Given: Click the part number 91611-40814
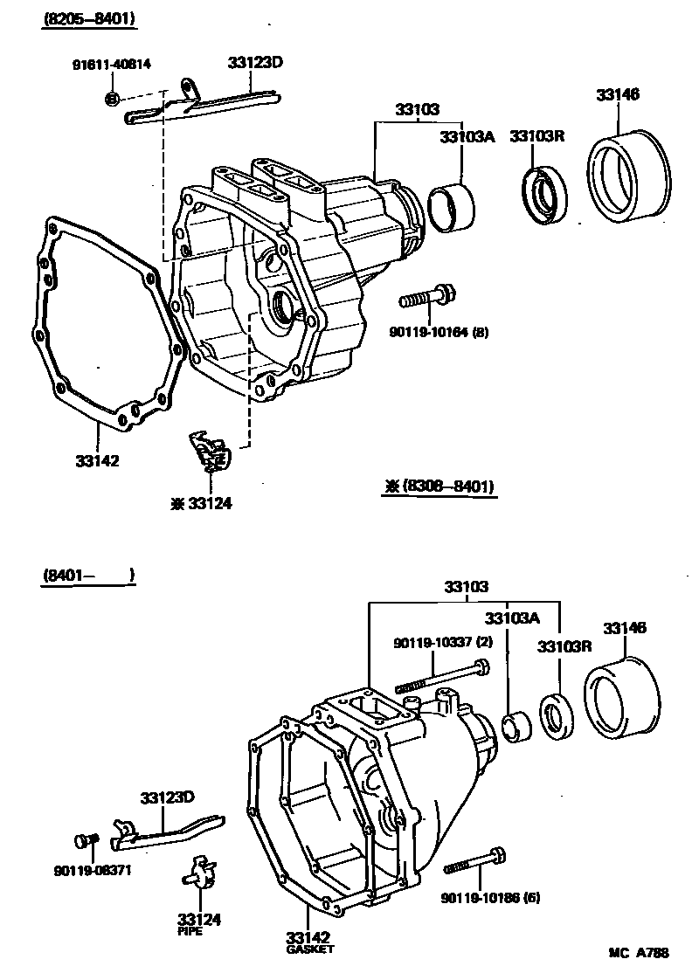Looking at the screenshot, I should pyautogui.click(x=111, y=64).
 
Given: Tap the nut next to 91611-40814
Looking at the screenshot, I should pyautogui.click(x=112, y=97).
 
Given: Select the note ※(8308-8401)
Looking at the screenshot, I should pyautogui.click(x=439, y=487).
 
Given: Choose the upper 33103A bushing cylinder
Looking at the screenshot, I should pyautogui.click(x=452, y=206).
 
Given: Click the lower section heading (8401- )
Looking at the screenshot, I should pyautogui.click(x=87, y=575).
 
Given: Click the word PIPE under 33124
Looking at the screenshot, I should pyautogui.click(x=190, y=932).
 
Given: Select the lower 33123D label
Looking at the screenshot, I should pyautogui.click(x=167, y=797).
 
